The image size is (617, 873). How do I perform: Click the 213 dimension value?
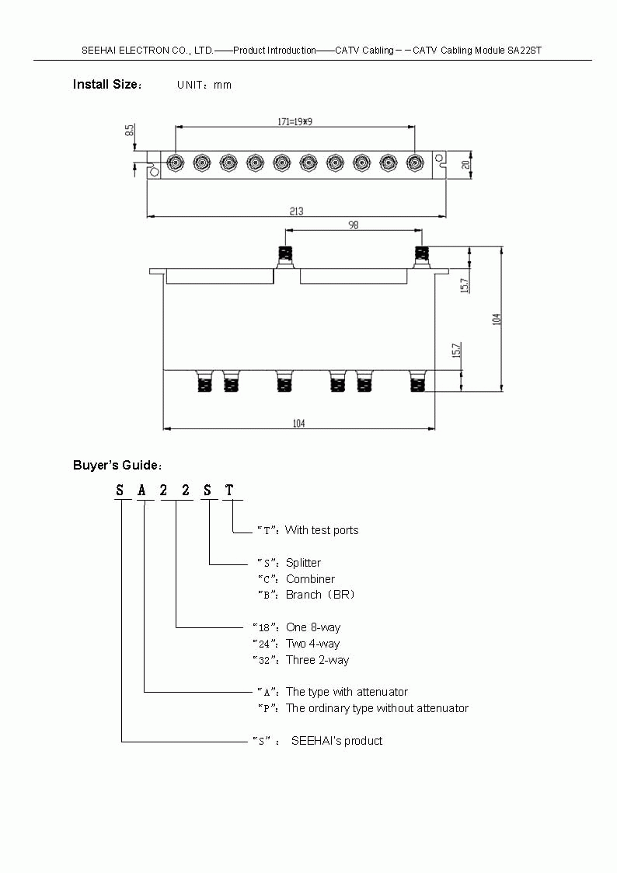pos(296,211)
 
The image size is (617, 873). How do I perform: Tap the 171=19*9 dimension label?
pos(295,121)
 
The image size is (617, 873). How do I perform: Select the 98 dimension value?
pos(353,225)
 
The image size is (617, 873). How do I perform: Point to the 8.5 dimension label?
pos(130,131)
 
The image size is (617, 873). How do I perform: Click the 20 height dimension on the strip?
pos(465,164)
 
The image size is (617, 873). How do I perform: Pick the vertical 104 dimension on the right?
pos(497,319)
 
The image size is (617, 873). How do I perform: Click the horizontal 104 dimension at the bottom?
pos(299,423)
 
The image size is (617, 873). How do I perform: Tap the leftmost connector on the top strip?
pos(175,162)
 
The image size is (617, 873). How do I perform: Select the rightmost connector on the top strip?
pos(414,162)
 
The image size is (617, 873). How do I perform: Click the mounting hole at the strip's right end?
pos(441,159)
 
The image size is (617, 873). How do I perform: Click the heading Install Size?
pos(106,84)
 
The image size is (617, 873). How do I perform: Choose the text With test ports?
pos(322,530)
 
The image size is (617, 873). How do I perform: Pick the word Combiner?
pos(310,578)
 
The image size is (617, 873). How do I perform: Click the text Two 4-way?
pos(312,644)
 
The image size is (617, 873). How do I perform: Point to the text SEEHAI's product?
pos(336,741)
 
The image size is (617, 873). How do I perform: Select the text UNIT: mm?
pos(204,85)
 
